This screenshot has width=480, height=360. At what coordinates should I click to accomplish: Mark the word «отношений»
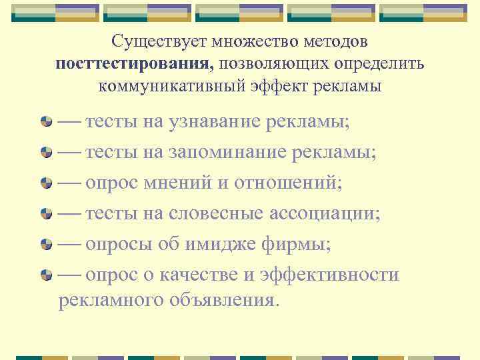tap(287, 183)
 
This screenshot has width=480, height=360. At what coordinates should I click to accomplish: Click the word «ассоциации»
tap(325, 213)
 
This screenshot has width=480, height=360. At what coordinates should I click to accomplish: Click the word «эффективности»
tap(331, 275)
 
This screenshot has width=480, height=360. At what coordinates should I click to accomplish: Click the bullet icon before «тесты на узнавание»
tap(46, 123)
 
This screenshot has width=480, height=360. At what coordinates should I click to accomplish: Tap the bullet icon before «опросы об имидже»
tap(46, 245)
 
